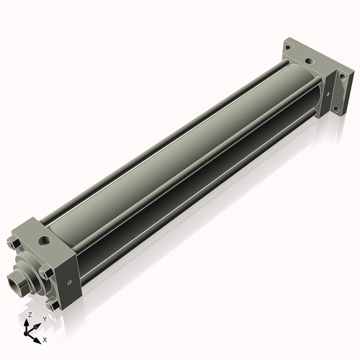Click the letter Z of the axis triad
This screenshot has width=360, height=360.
[29, 315]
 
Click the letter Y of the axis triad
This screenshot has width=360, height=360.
[45, 318]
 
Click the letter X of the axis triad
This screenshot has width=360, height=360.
[45, 338]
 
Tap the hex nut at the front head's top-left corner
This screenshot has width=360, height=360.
[16, 236]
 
